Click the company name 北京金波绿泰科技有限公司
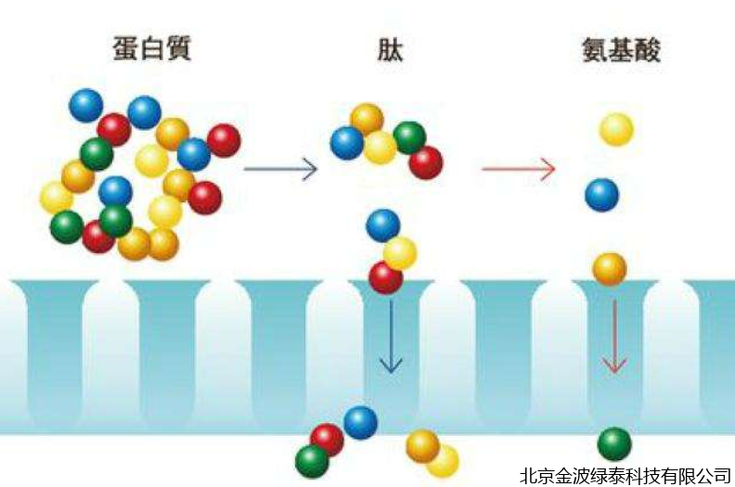point(625,474)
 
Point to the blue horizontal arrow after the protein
point(280,170)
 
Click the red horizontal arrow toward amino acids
point(519,170)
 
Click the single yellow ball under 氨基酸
point(616,129)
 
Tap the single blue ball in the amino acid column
point(601,195)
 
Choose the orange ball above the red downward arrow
point(610,269)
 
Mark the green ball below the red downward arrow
point(613,443)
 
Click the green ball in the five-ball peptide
point(409,137)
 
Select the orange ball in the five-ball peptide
point(367,119)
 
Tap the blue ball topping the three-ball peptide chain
point(383,224)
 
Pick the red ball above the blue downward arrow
point(385,276)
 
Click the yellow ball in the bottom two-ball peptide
point(444,461)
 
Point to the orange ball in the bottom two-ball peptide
point(422,445)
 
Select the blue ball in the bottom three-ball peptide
point(360,422)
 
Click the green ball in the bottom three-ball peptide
point(312,460)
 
